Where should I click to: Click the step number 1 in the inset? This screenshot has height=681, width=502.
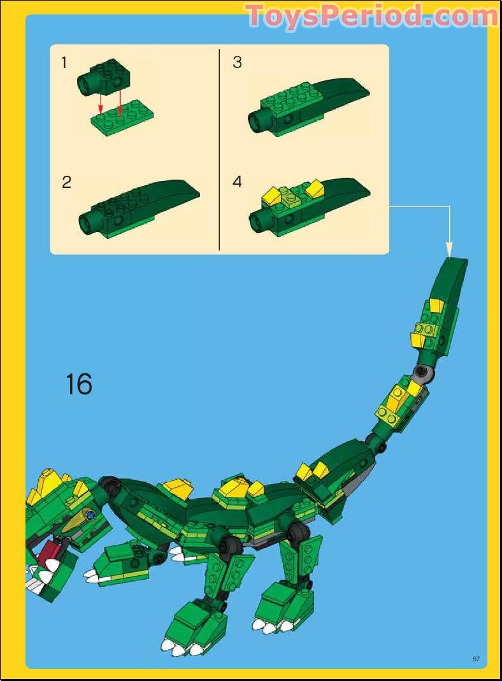(64, 62)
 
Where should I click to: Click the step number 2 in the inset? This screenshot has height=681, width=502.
(66, 182)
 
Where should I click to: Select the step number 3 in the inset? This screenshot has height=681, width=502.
(237, 62)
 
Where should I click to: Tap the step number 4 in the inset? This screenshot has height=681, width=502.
(237, 182)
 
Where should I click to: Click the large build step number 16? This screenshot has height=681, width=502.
(78, 385)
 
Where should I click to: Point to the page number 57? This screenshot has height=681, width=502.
(476, 658)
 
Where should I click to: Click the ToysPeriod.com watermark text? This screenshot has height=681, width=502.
(371, 15)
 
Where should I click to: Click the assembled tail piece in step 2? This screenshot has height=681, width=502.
(137, 210)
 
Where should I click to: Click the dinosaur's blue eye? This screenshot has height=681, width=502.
(91, 515)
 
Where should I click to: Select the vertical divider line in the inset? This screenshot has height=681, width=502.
(219, 150)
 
